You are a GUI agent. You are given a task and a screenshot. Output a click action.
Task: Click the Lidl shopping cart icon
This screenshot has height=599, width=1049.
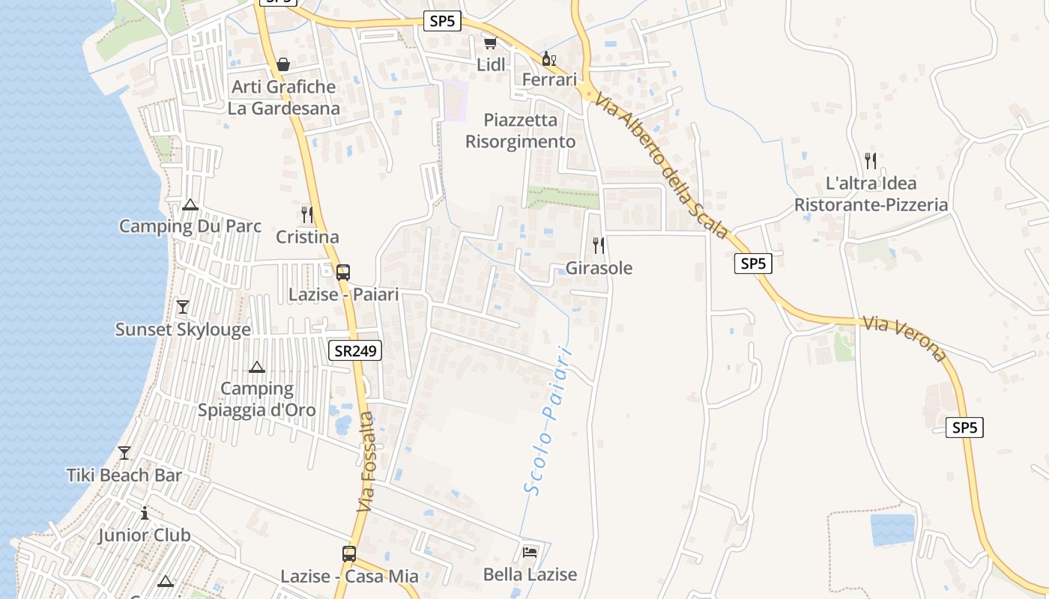490,43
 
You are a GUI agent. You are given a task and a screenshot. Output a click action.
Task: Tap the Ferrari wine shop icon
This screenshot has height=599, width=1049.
549,58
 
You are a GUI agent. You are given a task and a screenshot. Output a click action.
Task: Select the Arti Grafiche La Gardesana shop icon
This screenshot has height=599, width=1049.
283,65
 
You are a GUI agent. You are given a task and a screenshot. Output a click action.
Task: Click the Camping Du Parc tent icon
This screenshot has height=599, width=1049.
190,204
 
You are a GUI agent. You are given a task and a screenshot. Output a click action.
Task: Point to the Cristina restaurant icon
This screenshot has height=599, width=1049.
307,215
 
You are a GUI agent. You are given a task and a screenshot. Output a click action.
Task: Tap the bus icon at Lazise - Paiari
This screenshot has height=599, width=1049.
343,273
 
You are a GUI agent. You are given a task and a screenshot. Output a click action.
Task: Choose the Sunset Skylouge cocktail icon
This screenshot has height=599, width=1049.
183,307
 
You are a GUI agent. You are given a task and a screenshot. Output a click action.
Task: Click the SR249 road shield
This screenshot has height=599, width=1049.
355,350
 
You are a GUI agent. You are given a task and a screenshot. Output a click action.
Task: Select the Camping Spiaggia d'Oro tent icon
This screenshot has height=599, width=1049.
257,367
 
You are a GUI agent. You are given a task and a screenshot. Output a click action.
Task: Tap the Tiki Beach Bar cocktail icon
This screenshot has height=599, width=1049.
124,453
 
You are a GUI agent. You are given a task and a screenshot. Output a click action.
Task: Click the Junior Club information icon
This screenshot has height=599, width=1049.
145,513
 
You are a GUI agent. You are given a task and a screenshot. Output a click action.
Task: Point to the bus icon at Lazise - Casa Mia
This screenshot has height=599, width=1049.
349,554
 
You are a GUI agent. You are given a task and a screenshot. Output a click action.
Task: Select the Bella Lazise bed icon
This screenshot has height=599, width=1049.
530,553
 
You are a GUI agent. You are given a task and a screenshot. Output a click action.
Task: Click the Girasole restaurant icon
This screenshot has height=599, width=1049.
599,246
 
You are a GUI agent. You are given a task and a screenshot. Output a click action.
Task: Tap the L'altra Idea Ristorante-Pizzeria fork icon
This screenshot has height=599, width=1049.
871,161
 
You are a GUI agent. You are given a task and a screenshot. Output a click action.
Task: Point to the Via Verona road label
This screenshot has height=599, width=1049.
904,338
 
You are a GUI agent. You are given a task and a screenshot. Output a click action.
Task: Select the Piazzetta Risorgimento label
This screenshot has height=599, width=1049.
521,131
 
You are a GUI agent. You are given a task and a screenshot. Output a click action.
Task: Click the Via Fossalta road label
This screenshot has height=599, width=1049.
366,462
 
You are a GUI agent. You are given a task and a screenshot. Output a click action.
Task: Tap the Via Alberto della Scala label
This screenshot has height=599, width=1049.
663,165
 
